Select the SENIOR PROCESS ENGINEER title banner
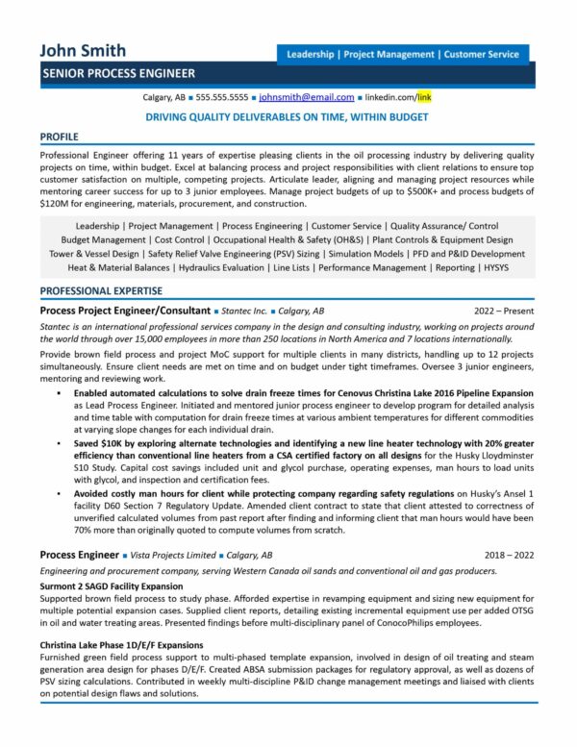tap(118, 73)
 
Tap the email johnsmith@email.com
tap(307, 98)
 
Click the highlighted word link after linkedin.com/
tap(424, 98)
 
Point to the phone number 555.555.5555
tap(222, 98)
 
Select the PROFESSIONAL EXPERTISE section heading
tap(101, 290)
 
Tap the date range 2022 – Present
tap(504, 311)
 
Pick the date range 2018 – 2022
tap(510, 555)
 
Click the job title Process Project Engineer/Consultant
tap(125, 311)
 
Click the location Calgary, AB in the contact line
tap(163, 98)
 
